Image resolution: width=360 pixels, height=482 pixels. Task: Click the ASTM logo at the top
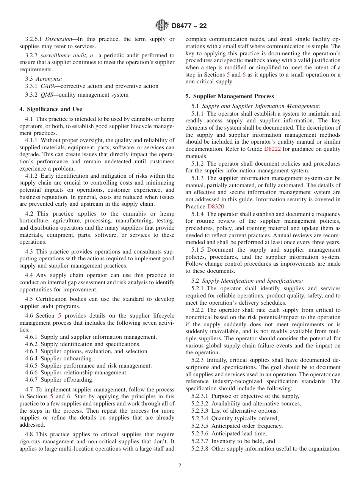coord(162,26)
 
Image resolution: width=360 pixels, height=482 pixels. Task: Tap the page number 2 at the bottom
coord(180,466)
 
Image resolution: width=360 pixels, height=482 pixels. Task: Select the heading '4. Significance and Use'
coord(51,109)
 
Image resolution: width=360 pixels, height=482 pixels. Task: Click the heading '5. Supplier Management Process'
coord(230,96)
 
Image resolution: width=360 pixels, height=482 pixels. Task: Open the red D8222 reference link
coord(272,149)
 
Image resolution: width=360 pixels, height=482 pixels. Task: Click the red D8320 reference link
coord(216,207)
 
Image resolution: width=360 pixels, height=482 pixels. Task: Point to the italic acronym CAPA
coord(48,86)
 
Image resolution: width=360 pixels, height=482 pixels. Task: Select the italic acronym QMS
coord(47,95)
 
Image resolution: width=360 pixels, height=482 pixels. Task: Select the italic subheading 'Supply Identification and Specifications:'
coord(252,281)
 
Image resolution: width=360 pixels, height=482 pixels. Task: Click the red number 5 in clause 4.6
coord(59,316)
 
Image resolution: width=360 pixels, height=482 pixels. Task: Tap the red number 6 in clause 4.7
coord(69,396)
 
